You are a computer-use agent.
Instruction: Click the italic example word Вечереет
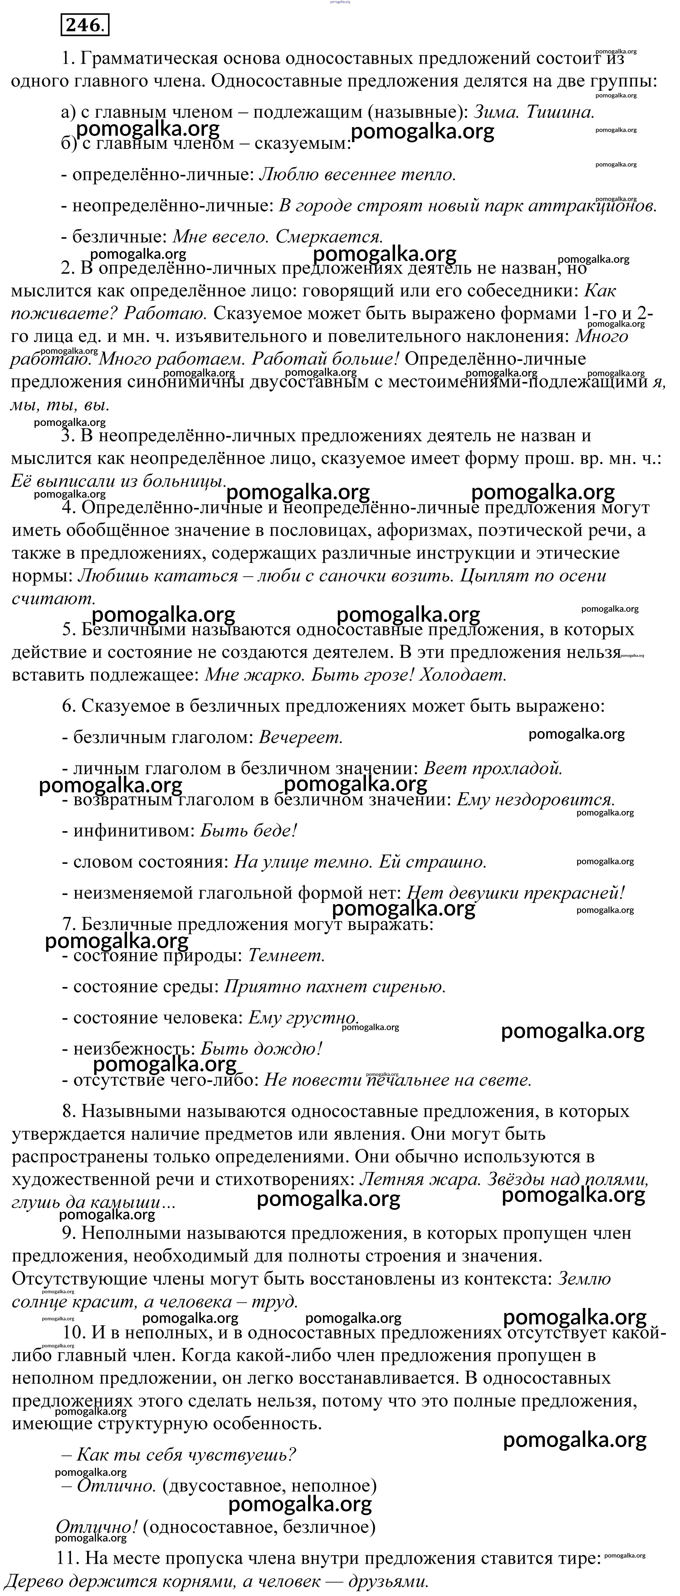click(x=300, y=737)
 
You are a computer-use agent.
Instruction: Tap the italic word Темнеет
click(x=286, y=955)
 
